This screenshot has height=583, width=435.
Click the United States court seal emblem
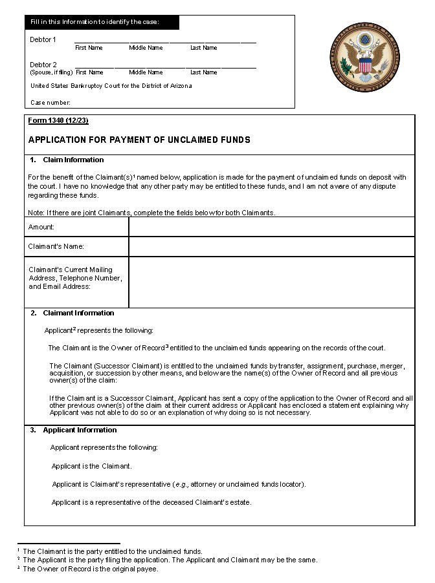pyautogui.click(x=366, y=53)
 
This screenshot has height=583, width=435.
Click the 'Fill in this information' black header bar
pyautogui.click(x=102, y=23)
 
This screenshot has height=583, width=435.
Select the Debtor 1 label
pyautogui.click(x=43, y=40)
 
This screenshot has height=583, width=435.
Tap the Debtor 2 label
pyautogui.click(x=43, y=65)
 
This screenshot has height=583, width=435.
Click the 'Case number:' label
pyautogui.click(x=50, y=102)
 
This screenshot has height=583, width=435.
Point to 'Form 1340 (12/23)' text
pyautogui.click(x=58, y=121)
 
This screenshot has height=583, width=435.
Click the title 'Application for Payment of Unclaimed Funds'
pyautogui.click(x=139, y=140)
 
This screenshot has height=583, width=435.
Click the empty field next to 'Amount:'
pyautogui.click(x=271, y=227)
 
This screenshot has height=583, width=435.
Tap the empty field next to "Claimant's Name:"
pyautogui.click(x=271, y=246)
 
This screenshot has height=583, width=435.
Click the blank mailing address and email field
pyautogui.click(x=271, y=282)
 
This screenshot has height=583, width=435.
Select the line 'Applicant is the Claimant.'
pyautogui.click(x=91, y=466)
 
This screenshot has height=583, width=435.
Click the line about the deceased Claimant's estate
pyautogui.click(x=151, y=502)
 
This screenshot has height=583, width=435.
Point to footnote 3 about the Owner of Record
pyautogui.click(x=90, y=569)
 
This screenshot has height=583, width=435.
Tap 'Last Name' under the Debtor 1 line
pyautogui.click(x=203, y=48)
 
